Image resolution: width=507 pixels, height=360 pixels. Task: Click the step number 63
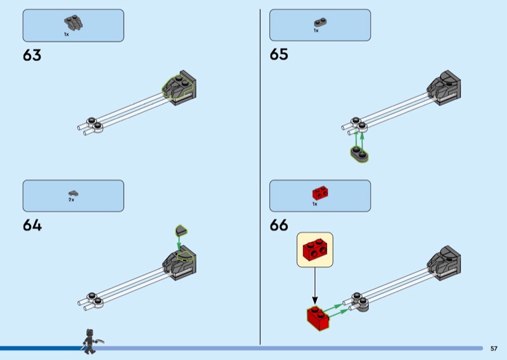tap(32, 55)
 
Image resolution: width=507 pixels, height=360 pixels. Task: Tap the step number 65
tap(279, 55)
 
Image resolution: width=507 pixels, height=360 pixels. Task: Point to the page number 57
tap(494, 348)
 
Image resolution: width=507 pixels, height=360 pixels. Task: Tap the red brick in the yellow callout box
tap(315, 249)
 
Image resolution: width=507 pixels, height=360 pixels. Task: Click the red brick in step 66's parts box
tap(319, 192)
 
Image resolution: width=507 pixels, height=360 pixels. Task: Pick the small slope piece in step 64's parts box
tap(73, 192)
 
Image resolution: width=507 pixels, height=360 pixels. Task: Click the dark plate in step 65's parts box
tap(320, 22)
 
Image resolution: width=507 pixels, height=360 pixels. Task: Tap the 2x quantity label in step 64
tap(72, 200)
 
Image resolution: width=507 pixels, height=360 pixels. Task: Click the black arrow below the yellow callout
tap(314, 285)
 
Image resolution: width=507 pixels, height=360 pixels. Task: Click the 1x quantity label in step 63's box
tap(66, 34)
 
